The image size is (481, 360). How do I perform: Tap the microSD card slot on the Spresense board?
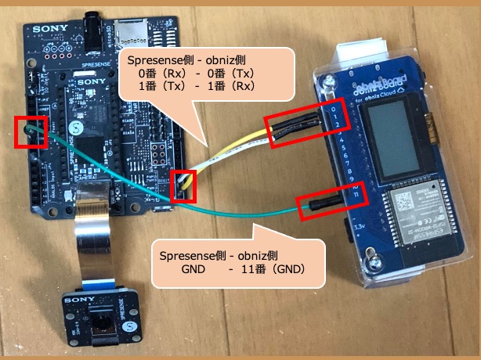[130, 31]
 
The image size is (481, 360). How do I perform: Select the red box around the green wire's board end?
[31, 131]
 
